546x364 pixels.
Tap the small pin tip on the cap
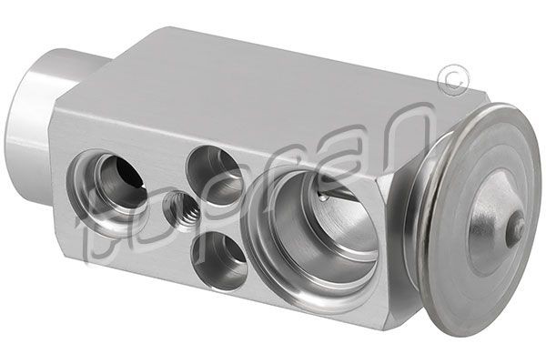pyautogui.click(x=515, y=227)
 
